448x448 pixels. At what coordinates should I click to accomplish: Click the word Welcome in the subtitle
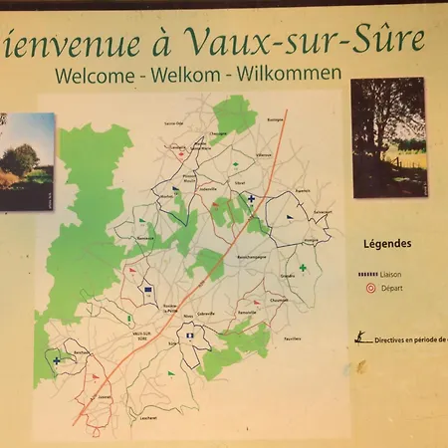click(x=96, y=74)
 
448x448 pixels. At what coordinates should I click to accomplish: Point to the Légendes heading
click(x=387, y=243)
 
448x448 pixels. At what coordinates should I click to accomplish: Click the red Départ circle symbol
click(x=370, y=288)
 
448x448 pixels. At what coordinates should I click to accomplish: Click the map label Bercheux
click(x=82, y=352)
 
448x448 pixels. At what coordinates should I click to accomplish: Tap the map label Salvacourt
click(x=322, y=212)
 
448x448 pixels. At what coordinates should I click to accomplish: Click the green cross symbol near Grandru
click(x=303, y=267)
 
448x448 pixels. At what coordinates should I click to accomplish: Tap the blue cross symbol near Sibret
click(x=251, y=198)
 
